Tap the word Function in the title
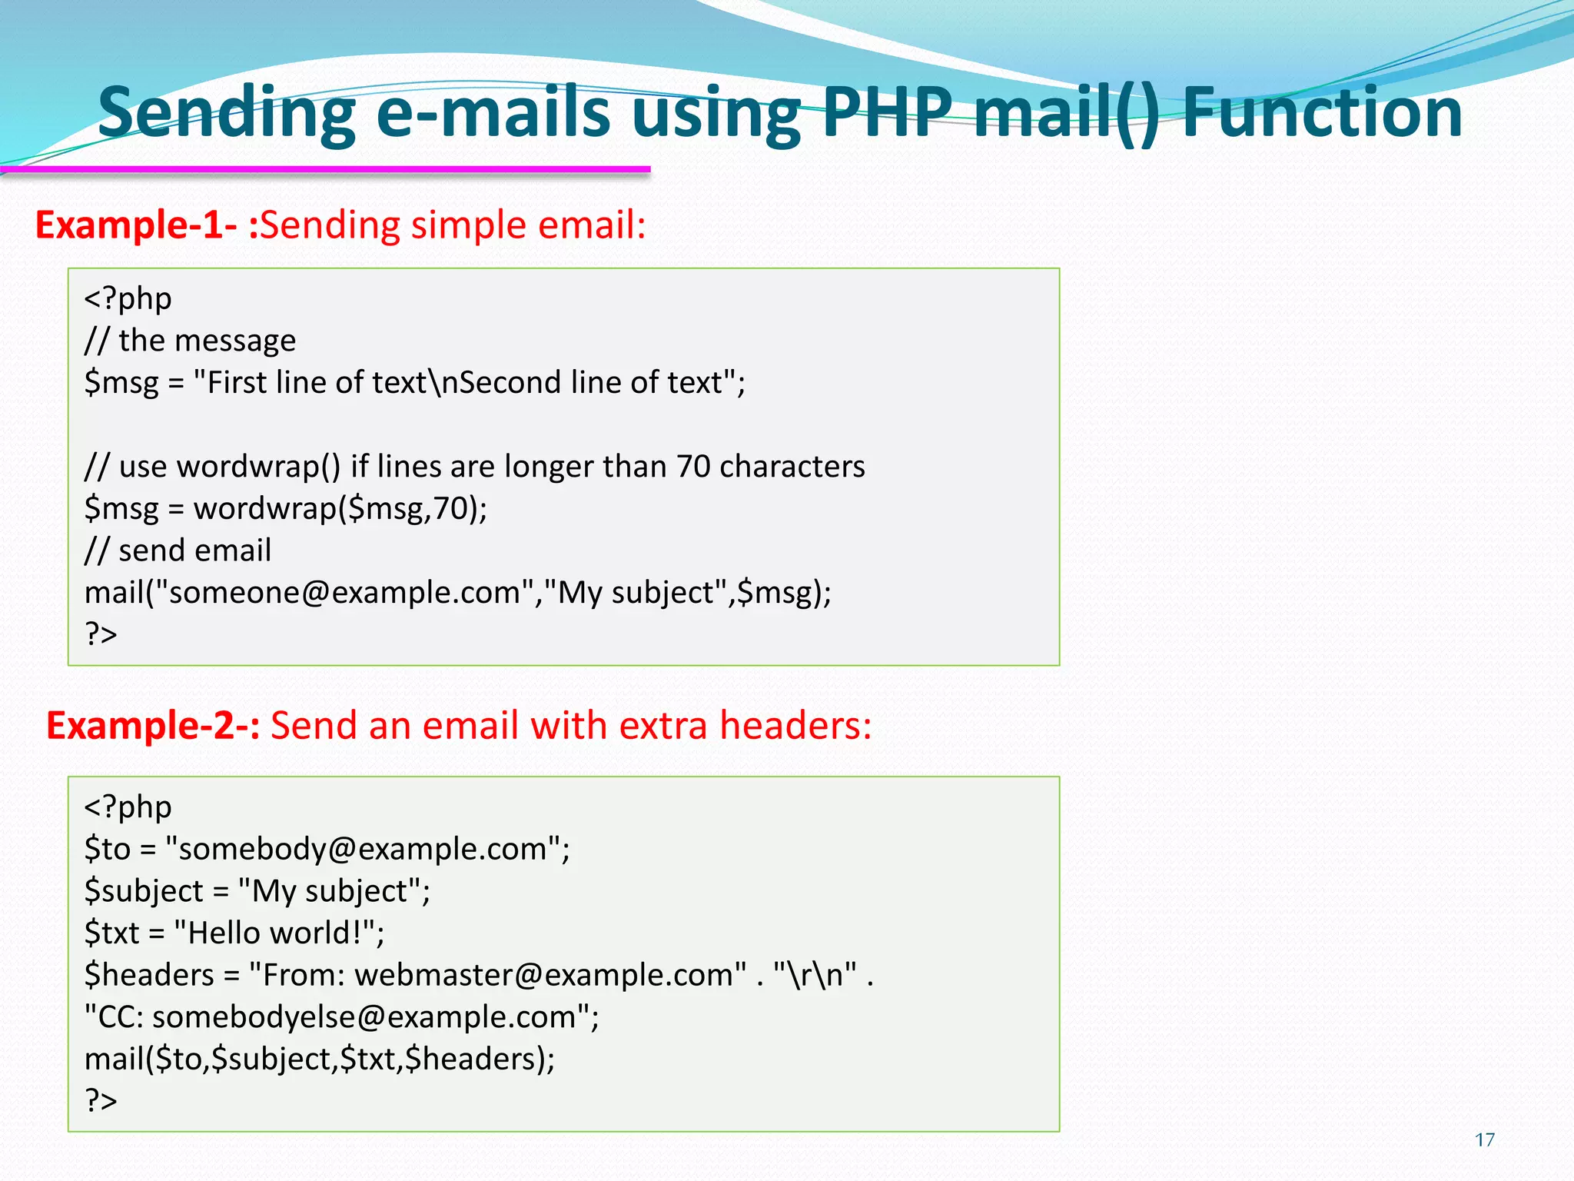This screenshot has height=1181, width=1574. (1322, 113)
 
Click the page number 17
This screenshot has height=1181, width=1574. (1485, 1139)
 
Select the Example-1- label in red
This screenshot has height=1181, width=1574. (136, 225)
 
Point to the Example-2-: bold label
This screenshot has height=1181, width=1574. (153, 725)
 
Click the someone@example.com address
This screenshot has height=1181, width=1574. (344, 593)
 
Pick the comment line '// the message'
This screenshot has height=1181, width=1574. (190, 341)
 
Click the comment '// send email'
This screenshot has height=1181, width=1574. (178, 551)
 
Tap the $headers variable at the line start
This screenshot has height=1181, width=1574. (149, 975)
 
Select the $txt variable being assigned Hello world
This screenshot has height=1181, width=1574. (112, 933)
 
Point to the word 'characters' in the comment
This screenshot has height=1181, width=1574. (792, 467)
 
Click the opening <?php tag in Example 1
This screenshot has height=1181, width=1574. (128, 298)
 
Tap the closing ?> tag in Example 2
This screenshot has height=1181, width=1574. (101, 1100)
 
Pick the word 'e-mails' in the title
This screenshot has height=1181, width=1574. (493, 113)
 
